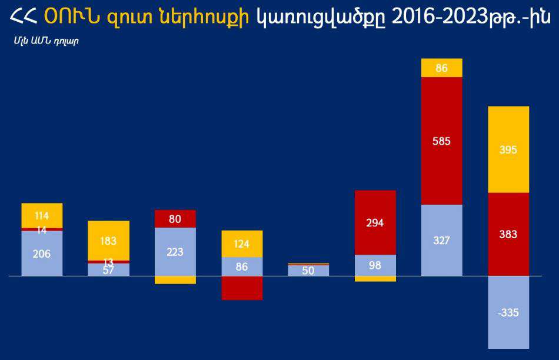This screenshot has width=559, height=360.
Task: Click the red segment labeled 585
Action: (x=442, y=141)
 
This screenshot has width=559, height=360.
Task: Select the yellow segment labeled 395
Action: (x=508, y=149)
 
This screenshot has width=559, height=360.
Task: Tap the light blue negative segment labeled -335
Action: (x=508, y=312)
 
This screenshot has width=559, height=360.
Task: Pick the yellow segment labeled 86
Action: (x=442, y=68)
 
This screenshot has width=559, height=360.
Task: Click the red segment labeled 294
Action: (x=375, y=222)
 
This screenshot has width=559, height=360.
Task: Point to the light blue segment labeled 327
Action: (x=442, y=240)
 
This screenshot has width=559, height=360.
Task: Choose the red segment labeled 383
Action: (x=508, y=234)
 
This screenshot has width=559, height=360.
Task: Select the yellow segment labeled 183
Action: (x=108, y=241)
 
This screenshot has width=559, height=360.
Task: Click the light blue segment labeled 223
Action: (x=175, y=252)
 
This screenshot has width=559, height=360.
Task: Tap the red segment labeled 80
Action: (x=175, y=219)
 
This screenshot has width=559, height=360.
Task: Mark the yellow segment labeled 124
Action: (x=242, y=244)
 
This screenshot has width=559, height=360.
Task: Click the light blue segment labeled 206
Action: (x=42, y=254)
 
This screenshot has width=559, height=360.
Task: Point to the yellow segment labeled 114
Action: (x=42, y=215)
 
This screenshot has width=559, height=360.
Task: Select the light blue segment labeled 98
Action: (x=375, y=265)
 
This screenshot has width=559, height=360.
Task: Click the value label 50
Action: (x=308, y=271)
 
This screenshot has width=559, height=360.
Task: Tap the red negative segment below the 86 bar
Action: (x=242, y=288)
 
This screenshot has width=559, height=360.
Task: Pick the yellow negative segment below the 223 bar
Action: (x=175, y=280)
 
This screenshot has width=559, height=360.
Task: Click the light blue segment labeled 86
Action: (x=242, y=266)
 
